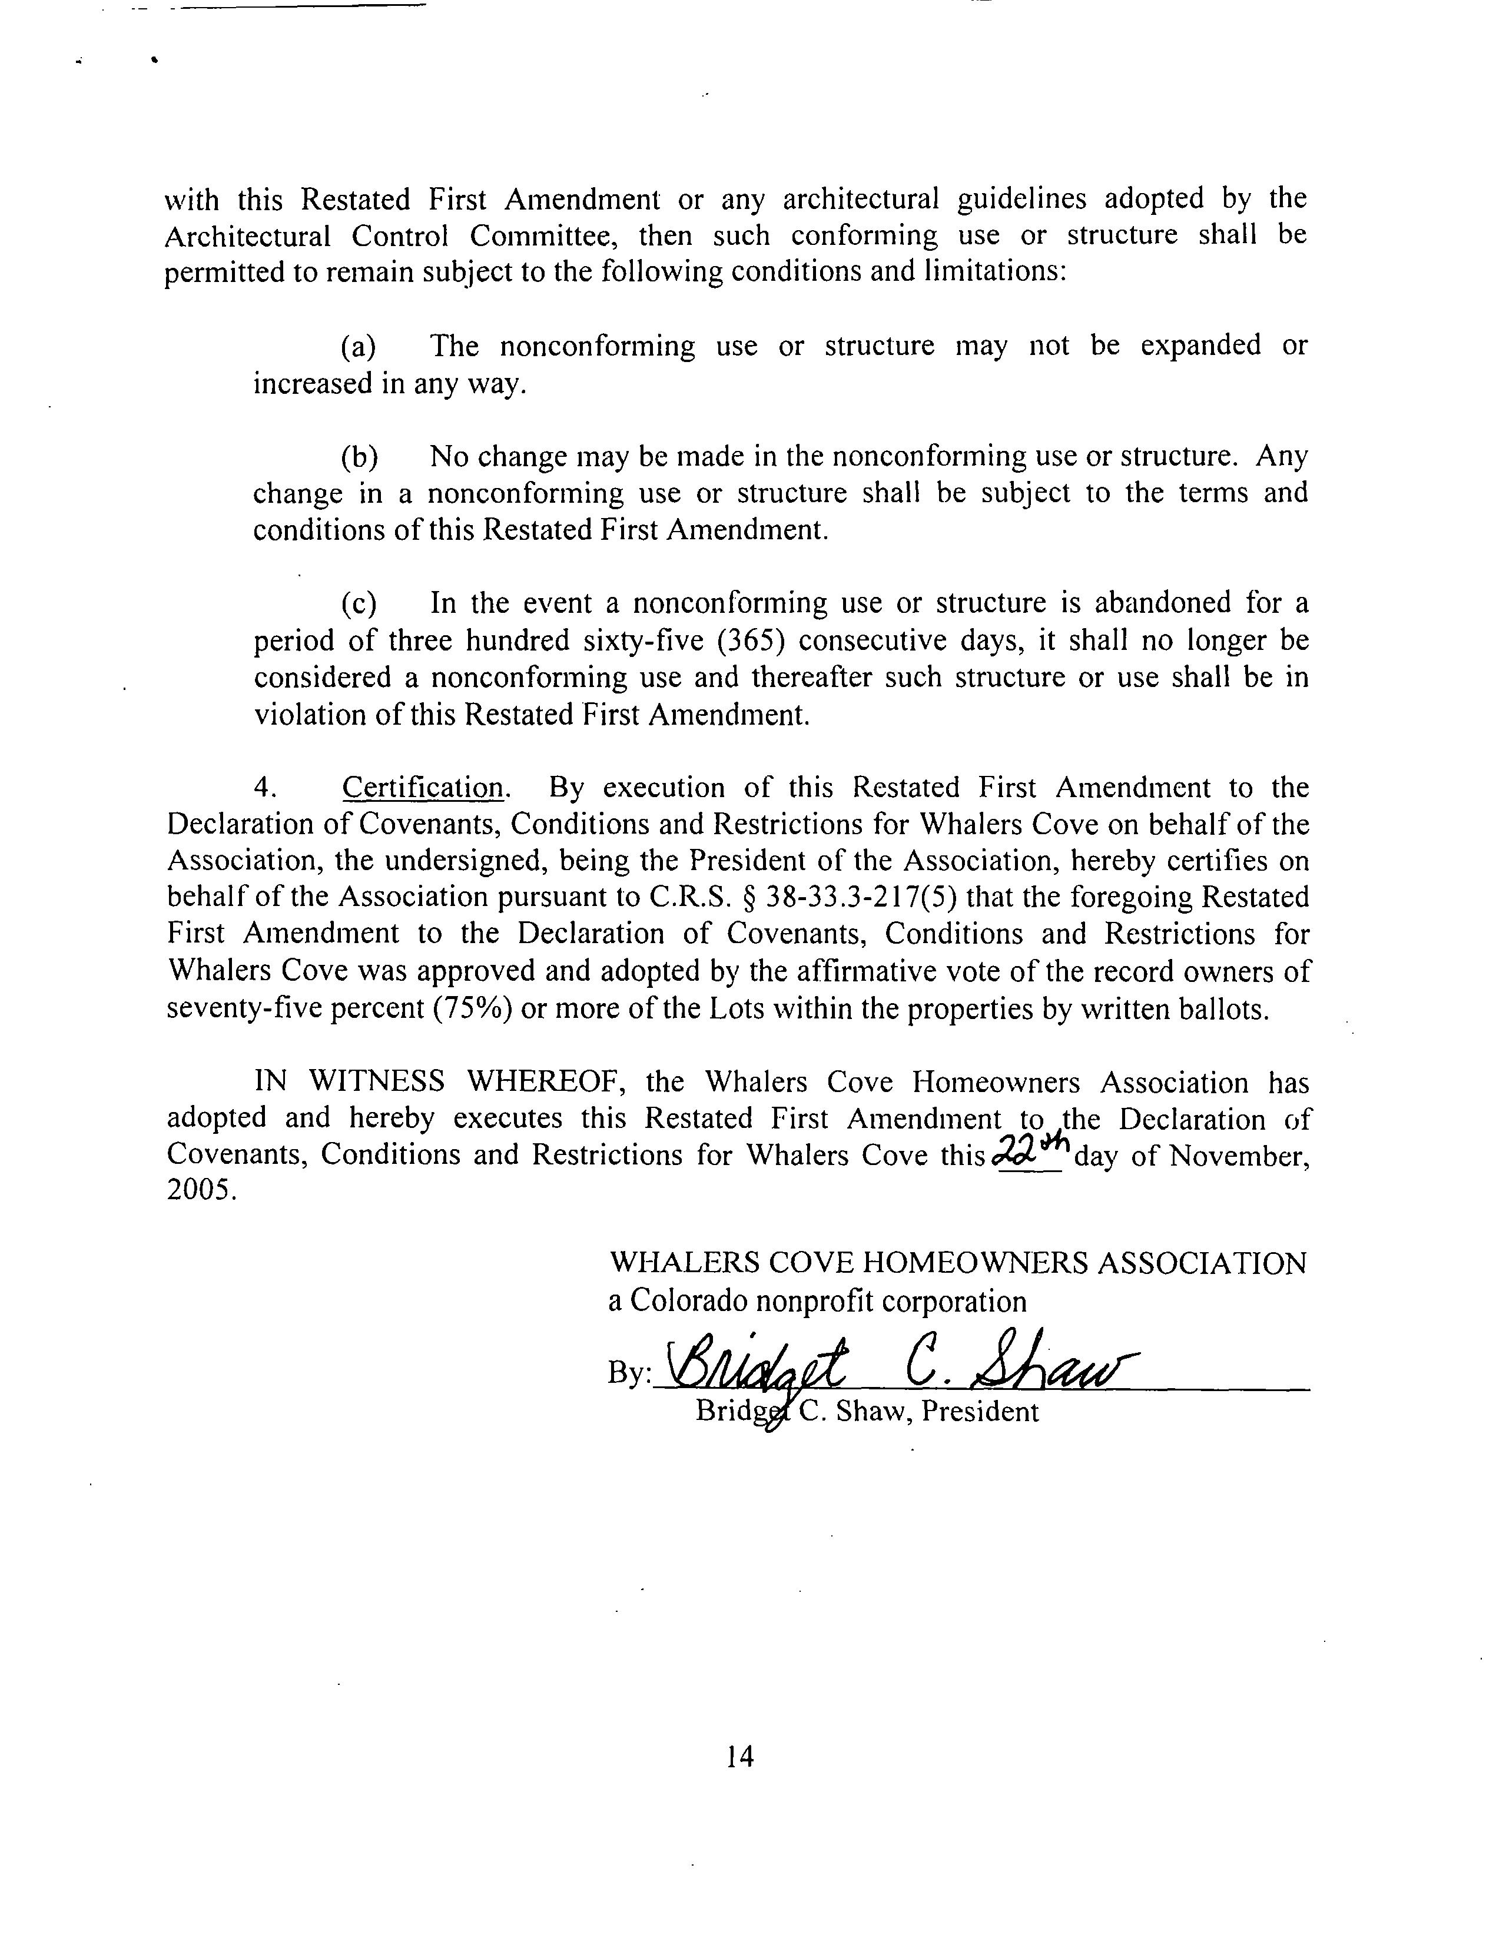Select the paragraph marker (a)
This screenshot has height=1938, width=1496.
[x=359, y=346]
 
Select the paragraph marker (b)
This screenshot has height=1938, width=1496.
[x=359, y=456]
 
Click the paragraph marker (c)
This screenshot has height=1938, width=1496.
[x=359, y=603]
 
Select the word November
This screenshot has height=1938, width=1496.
[x=1237, y=1156]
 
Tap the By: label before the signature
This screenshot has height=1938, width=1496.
[x=628, y=1373]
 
